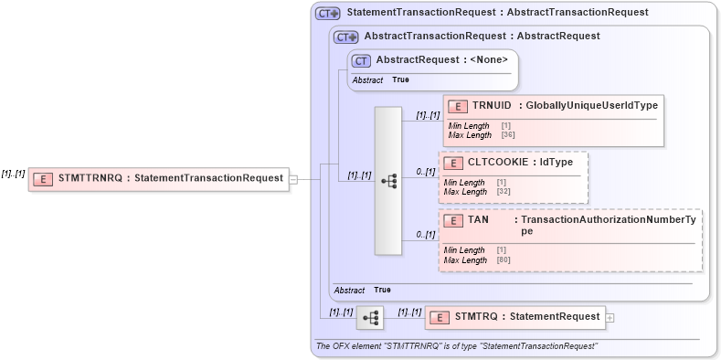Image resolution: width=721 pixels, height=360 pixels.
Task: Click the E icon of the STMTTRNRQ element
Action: (x=42, y=179)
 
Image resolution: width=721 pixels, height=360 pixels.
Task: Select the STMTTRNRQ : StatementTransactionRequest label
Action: (x=170, y=179)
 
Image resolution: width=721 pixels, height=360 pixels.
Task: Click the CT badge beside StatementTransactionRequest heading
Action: (x=327, y=14)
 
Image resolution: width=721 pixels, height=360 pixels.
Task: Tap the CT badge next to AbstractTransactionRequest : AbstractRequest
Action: (x=345, y=37)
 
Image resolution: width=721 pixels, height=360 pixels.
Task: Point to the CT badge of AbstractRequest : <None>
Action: (x=361, y=60)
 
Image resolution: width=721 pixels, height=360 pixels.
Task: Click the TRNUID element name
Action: (x=491, y=106)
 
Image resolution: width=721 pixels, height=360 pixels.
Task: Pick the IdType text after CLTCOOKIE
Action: (x=556, y=163)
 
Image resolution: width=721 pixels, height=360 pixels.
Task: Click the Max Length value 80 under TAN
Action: (x=504, y=260)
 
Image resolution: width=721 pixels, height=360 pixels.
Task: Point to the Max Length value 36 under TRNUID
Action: (x=508, y=135)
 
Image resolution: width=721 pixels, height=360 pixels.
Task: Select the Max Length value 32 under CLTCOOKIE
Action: (x=504, y=192)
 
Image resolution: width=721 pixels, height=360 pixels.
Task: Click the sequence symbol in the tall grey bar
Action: (x=388, y=181)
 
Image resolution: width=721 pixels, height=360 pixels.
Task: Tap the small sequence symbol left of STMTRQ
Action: (x=370, y=318)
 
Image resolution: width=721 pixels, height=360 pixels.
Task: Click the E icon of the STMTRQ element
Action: (x=440, y=318)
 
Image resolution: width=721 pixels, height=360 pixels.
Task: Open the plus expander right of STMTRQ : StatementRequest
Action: (x=610, y=318)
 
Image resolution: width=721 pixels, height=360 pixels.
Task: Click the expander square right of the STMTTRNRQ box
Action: (x=293, y=179)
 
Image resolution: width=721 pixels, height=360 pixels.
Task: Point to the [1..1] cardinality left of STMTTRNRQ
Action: (x=13, y=174)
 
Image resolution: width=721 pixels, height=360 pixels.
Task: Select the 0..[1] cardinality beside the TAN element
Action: (x=425, y=235)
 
